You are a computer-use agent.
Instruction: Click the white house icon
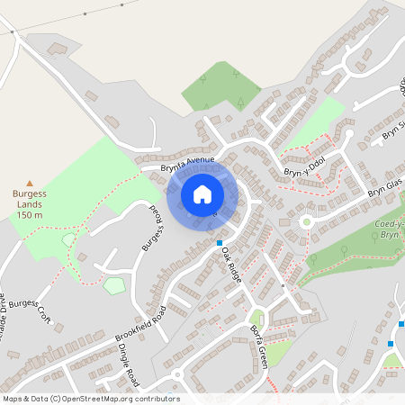[202, 193]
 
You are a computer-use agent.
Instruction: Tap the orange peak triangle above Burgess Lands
[30, 182]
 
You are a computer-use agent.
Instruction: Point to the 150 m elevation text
[30, 215]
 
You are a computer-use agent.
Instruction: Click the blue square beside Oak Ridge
[219, 243]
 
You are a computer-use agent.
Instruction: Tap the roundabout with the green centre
[306, 220]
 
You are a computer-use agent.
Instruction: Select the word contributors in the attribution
[156, 399]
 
